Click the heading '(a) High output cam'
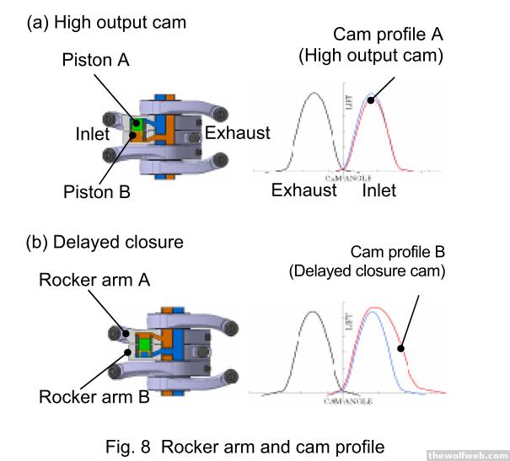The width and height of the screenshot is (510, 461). (106, 22)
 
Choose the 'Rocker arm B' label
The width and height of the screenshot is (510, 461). (93, 395)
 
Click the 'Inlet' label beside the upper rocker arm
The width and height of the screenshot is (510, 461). (92, 133)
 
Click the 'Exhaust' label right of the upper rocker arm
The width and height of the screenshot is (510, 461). (238, 132)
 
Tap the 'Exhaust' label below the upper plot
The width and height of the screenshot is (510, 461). (303, 190)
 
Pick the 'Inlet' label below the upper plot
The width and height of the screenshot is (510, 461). (379, 190)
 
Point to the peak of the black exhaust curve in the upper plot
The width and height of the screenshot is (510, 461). (314, 93)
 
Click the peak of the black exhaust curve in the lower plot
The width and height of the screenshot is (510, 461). (314, 312)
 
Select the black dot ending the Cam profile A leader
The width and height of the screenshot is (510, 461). (372, 98)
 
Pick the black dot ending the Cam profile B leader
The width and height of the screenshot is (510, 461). (401, 346)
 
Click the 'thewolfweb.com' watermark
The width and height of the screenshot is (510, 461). (467, 454)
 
